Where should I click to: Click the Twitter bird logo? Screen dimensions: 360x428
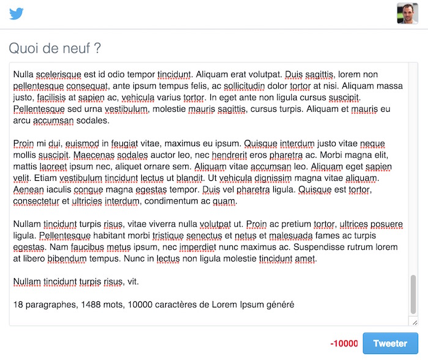tap(17, 13)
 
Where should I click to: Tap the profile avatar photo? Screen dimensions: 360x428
tap(407, 13)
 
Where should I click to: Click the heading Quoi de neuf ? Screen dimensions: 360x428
tap(55, 48)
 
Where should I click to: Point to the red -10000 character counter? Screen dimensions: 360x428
tap(344, 343)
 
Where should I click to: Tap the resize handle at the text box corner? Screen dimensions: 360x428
tap(414, 321)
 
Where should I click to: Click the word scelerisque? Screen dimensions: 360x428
tap(59, 75)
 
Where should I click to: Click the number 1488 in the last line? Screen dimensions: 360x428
tap(101, 304)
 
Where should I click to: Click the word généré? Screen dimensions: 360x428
tap(278, 304)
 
